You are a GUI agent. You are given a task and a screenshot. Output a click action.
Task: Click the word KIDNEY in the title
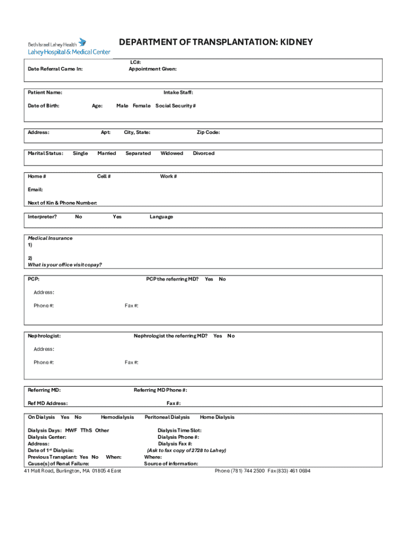[296, 42]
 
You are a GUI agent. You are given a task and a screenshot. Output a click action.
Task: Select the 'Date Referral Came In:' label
[55, 69]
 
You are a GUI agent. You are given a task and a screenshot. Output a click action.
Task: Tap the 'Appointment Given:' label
[153, 69]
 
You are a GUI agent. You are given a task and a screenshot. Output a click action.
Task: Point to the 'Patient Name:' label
[45, 93]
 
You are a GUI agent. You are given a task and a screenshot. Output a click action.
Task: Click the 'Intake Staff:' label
[178, 93]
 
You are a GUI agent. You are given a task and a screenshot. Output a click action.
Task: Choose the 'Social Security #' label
[176, 106]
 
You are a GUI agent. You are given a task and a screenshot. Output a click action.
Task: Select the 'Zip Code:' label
[208, 132]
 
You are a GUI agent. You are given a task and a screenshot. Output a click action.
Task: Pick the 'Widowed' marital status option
[172, 153]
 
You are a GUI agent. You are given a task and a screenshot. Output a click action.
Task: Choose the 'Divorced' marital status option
[204, 153]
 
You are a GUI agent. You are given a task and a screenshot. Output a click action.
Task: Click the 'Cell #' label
[104, 177]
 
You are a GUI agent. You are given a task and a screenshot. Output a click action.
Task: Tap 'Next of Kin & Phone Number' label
[62, 203]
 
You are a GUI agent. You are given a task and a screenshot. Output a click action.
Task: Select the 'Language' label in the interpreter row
[161, 217]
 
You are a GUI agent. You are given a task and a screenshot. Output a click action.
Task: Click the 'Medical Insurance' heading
[50, 238]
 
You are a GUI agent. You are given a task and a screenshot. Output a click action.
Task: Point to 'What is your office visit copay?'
[65, 265]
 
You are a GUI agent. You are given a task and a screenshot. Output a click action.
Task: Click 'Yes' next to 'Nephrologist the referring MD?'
[218, 336]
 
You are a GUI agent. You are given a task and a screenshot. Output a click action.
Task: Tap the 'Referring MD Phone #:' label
[160, 390]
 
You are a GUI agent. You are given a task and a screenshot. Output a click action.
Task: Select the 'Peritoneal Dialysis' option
[167, 417]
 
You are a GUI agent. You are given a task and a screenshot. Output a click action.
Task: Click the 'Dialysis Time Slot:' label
[179, 430]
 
